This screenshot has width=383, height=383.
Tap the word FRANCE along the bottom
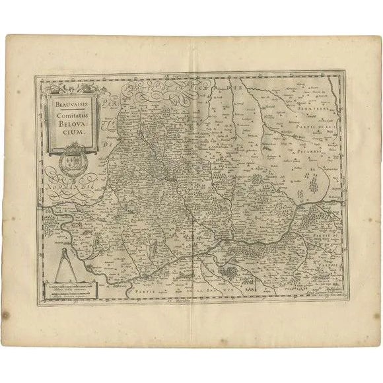tap(222, 291)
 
